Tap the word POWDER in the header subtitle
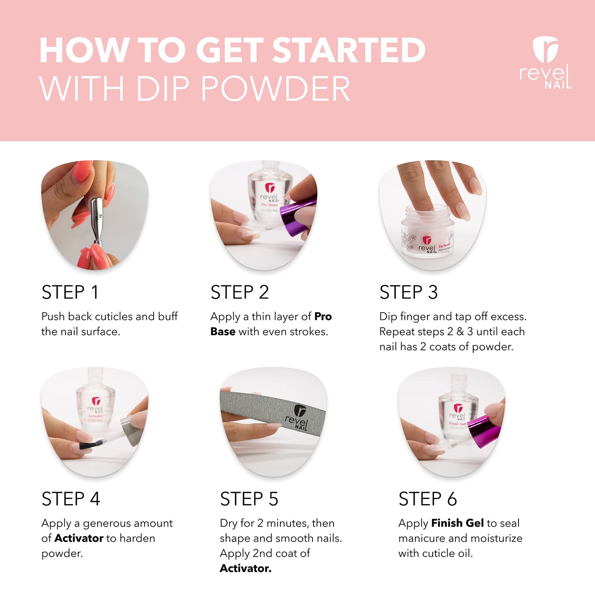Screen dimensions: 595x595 tap(275, 89)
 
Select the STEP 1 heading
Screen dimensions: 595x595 tap(70, 292)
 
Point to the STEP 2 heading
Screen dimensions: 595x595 tap(239, 292)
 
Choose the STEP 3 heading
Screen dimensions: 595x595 tap(408, 292)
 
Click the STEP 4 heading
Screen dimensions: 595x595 tap(70, 499)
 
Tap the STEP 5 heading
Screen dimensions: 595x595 tap(249, 499)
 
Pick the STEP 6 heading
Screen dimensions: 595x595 tap(427, 499)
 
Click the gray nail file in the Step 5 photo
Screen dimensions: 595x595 tap(272, 410)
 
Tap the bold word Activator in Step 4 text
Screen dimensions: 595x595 tap(79, 538)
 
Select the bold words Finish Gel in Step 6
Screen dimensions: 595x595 tap(457, 523)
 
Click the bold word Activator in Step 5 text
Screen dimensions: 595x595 tap(245, 568)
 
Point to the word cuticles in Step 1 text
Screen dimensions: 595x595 tap(114, 317)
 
